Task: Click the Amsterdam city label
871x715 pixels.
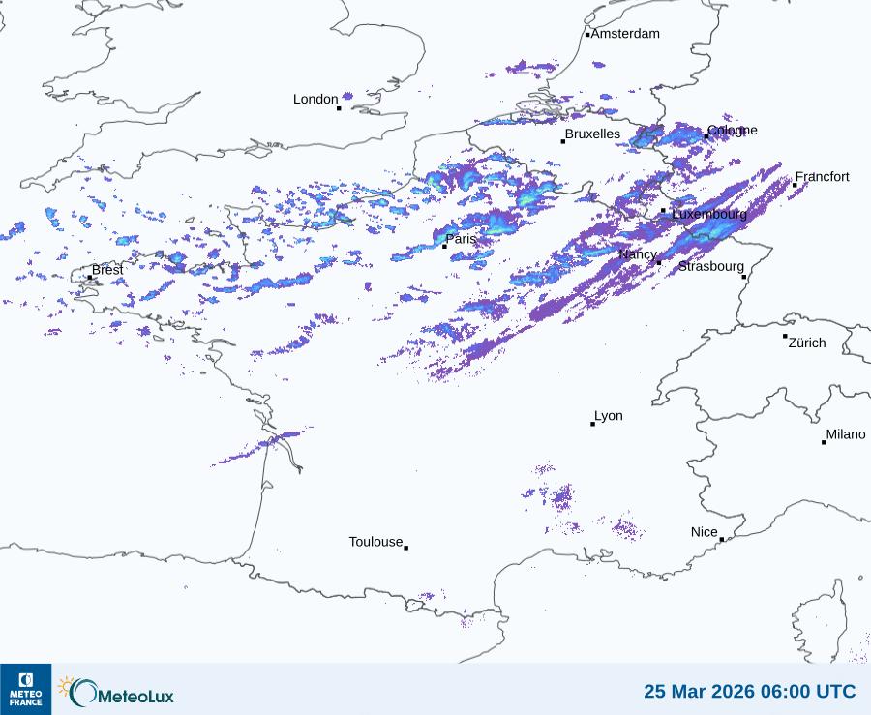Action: click(x=625, y=34)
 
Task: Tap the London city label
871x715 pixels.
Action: click(x=315, y=99)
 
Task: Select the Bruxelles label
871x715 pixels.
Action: click(x=592, y=134)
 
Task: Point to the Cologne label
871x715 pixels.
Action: click(x=733, y=131)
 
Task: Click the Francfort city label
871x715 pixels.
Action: click(x=823, y=177)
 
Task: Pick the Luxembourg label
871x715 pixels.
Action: click(x=709, y=214)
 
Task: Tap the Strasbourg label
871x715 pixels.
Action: click(x=711, y=266)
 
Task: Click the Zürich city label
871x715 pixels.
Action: click(x=807, y=343)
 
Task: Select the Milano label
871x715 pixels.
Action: click(x=846, y=435)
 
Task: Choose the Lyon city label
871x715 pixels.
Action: click(x=609, y=416)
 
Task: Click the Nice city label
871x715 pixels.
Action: click(x=705, y=532)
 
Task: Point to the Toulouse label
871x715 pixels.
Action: click(x=375, y=542)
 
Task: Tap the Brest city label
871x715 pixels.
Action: click(x=107, y=270)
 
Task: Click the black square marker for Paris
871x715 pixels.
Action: click(x=444, y=247)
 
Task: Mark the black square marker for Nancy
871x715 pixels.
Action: click(x=659, y=262)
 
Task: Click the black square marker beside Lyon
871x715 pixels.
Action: click(x=593, y=424)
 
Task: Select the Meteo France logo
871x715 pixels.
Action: click(x=26, y=689)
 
